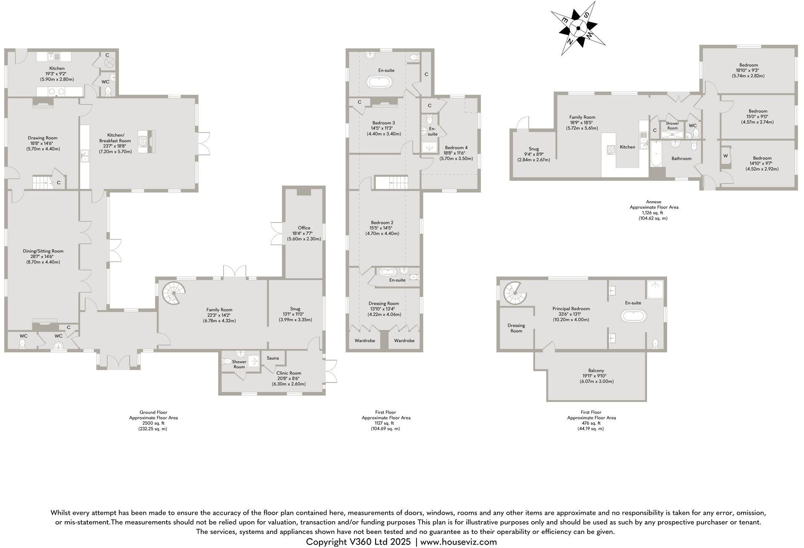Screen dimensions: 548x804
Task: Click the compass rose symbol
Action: pyautogui.click(x=578, y=29)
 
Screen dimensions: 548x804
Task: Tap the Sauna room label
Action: pyautogui.click(x=273, y=358)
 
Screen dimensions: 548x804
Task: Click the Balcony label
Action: pyautogui.click(x=596, y=371)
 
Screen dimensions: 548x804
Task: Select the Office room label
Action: pyautogui.click(x=304, y=228)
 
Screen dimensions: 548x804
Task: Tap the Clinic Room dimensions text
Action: pyautogui.click(x=289, y=384)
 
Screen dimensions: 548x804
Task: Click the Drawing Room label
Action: pyautogui.click(x=43, y=138)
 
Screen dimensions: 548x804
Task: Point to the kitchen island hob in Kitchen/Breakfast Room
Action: pyautogui.click(x=143, y=141)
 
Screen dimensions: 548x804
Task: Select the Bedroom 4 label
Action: pyautogui.click(x=452, y=148)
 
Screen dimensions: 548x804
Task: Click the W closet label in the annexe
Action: pyautogui.click(x=725, y=156)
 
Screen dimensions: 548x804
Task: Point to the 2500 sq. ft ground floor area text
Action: pyautogui.click(x=153, y=423)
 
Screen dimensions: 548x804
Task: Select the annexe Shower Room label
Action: pyautogui.click(x=672, y=126)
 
